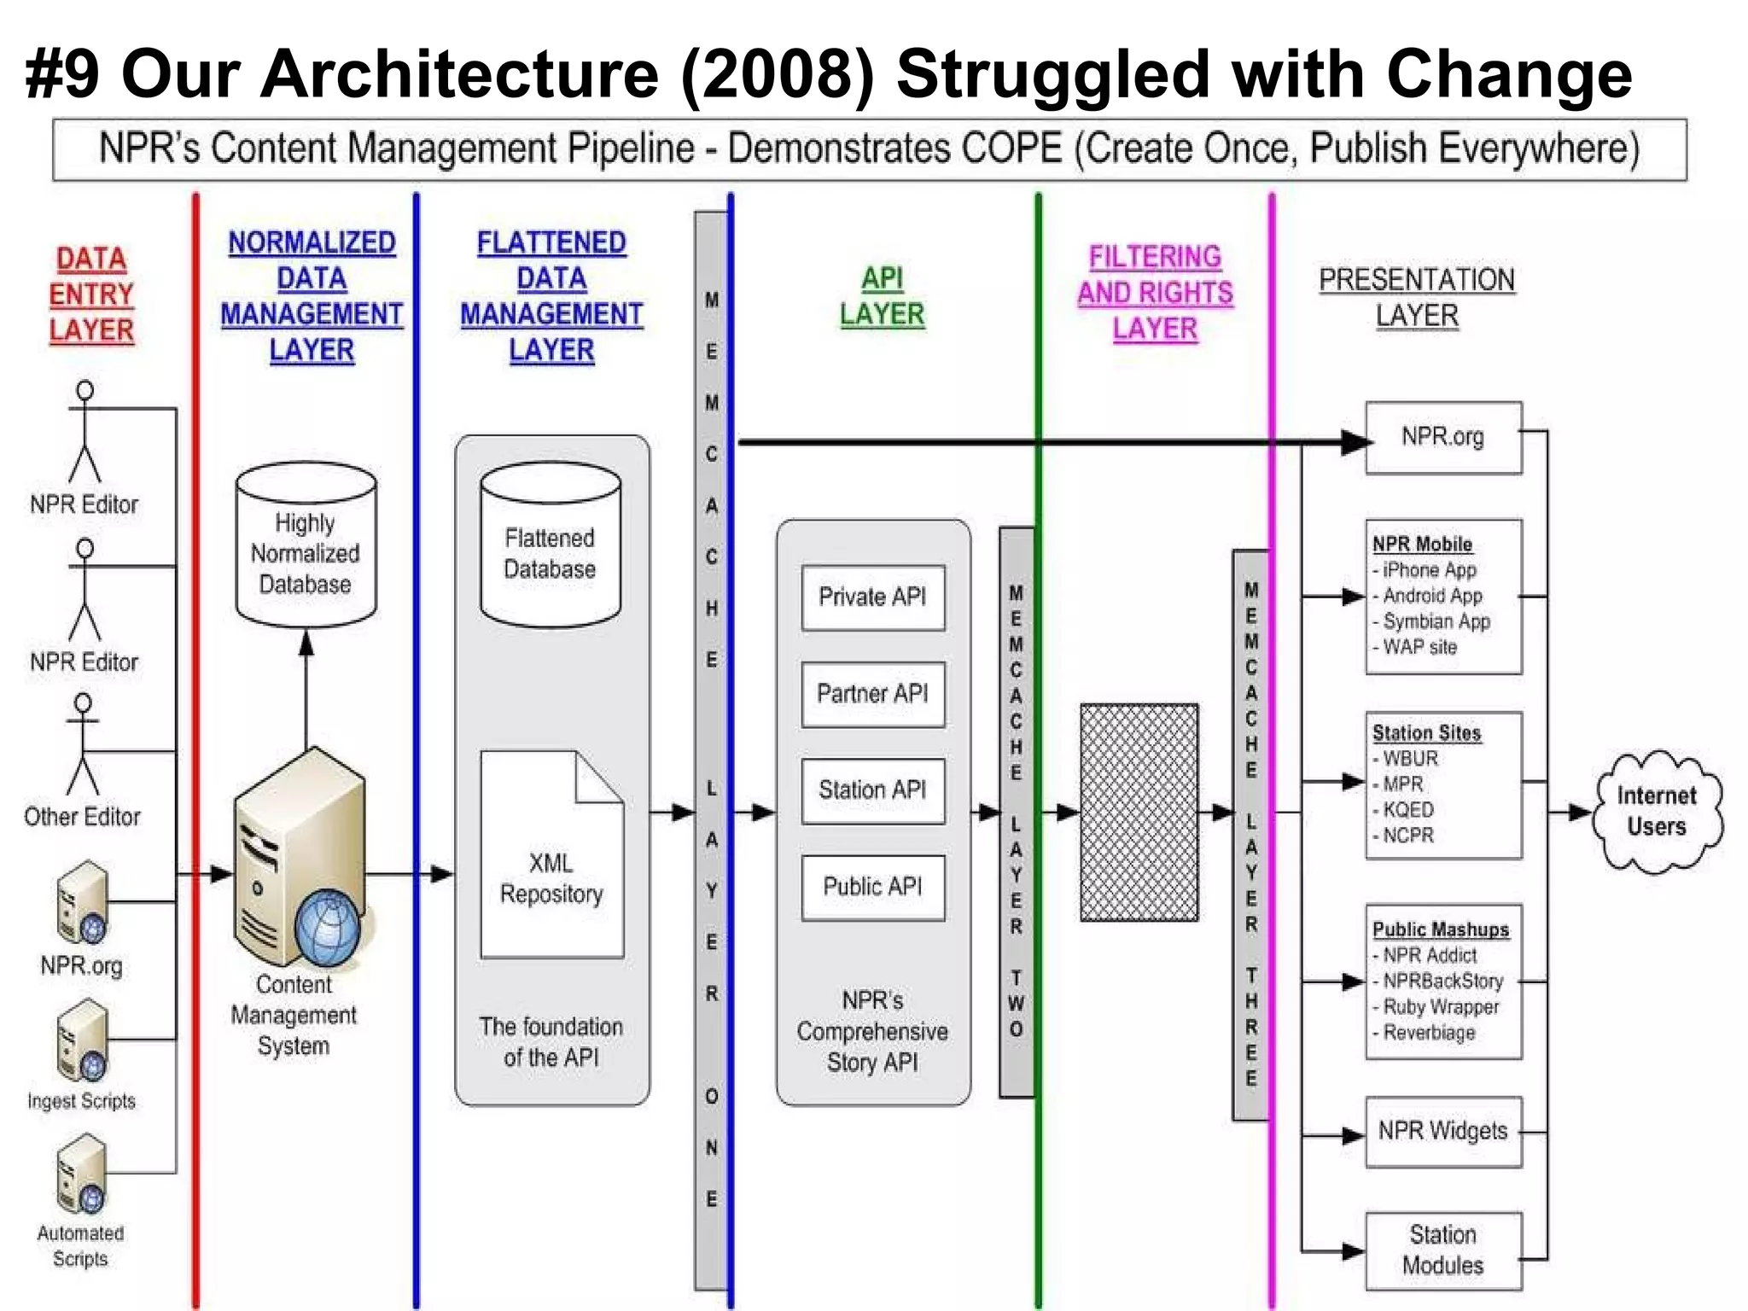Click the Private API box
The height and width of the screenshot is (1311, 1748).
coord(872,597)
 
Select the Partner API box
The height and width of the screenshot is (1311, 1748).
coord(872,694)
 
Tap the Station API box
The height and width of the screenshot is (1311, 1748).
coord(872,790)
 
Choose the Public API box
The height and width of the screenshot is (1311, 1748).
coord(872,887)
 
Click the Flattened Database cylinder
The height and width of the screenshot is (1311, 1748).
coord(551,546)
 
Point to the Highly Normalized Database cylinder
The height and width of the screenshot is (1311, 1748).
coord(306,546)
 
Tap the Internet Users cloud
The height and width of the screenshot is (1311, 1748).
coord(1657,812)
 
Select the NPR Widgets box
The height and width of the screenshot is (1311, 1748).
coord(1442,1132)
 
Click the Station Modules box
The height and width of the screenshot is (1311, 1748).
coord(1442,1250)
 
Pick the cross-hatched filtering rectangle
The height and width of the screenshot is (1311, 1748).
coord(1139,812)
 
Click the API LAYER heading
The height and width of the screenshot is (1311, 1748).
coord(882,296)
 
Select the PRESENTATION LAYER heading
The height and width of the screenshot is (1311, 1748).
coord(1417,298)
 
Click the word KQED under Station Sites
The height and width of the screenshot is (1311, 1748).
coord(1408,809)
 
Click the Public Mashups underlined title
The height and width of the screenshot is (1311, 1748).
coord(1440,929)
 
